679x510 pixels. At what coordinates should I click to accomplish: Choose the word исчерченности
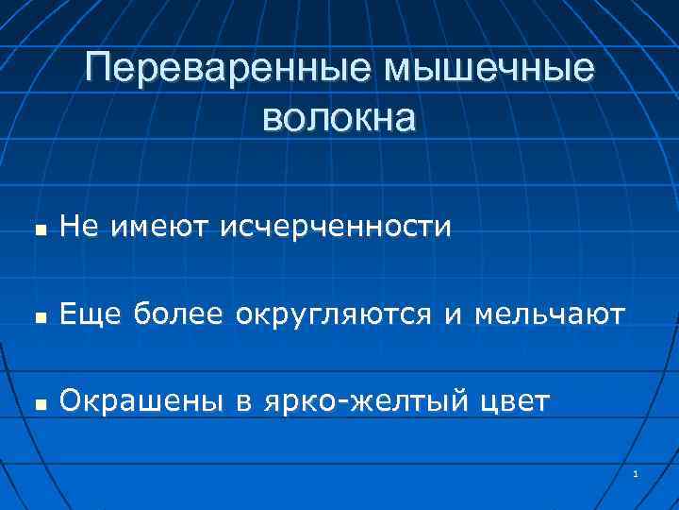[335, 228]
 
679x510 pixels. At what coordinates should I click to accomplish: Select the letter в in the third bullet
[242, 403]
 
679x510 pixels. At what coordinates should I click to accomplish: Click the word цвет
[514, 403]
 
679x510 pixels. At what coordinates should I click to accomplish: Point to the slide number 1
[637, 472]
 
